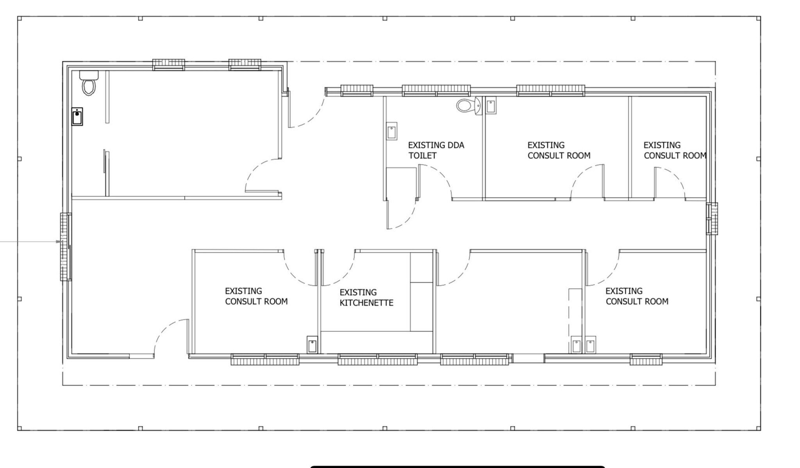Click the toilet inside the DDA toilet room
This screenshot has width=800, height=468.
coord(468,105)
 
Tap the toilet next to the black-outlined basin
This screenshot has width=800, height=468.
coord(89,83)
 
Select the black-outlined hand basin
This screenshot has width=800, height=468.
coord(77,117)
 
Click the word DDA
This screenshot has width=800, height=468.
coord(455,145)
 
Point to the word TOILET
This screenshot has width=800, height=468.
coord(422,156)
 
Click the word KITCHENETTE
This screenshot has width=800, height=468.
coord(366,303)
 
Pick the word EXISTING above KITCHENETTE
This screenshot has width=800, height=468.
coord(358,292)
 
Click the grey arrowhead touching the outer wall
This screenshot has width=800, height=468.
coord(59,242)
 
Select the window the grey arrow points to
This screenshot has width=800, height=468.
coord(66,247)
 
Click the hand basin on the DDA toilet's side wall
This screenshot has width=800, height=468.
coord(391,131)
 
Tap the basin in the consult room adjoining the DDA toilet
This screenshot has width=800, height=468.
coord(491,105)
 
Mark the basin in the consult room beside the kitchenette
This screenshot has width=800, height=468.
coord(312,345)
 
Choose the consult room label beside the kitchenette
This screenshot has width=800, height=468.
coord(256,296)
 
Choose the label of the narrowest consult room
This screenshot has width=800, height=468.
coord(675,150)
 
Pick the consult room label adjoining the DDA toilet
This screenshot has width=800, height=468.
coord(559,150)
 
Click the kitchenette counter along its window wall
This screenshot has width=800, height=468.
coord(377,342)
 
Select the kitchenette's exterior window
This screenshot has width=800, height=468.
coord(377,359)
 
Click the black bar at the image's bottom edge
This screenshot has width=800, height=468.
coord(458,466)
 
